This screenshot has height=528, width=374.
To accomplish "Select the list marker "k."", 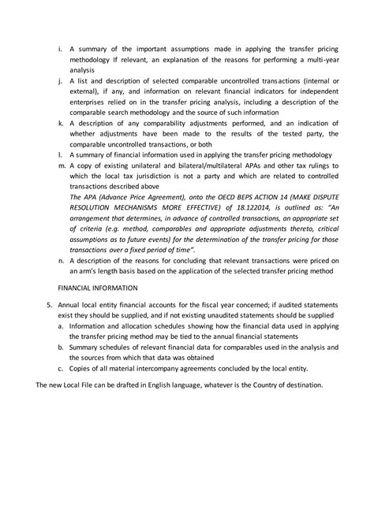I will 61,123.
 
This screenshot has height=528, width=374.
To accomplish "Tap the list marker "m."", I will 62,166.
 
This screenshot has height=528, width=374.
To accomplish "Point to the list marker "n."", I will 62,260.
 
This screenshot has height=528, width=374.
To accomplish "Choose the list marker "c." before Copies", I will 61,369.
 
